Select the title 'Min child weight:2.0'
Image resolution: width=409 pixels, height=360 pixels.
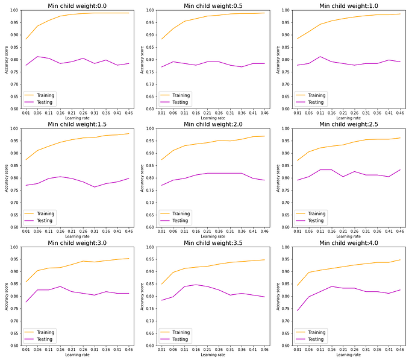pos(213,124)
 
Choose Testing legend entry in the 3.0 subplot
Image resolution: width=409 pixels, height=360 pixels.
pos(45,339)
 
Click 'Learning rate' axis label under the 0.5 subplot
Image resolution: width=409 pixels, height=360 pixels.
pos(213,118)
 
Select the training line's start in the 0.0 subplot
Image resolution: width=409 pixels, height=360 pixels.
pos(25,39)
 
